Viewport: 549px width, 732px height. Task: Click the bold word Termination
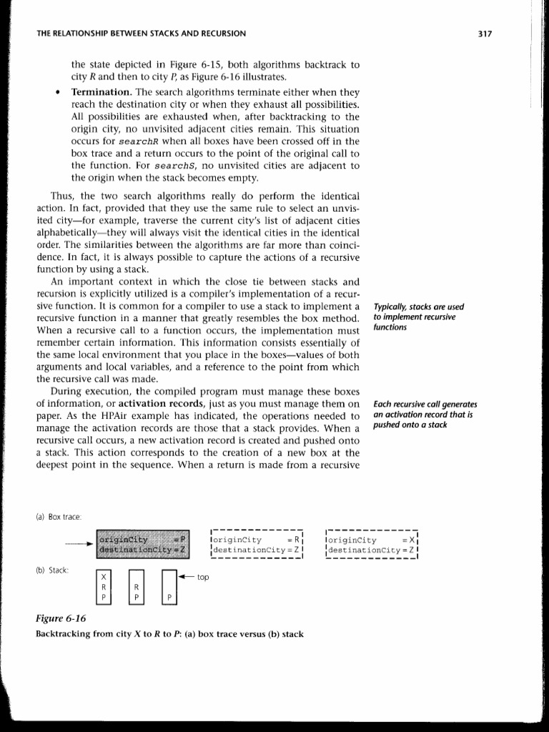click(101, 93)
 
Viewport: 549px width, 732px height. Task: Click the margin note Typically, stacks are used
click(413, 308)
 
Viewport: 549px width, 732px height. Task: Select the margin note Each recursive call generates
click(425, 405)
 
